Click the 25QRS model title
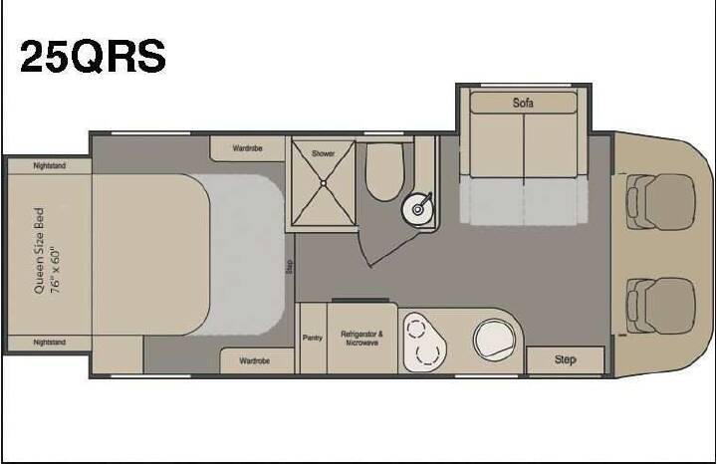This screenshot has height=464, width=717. coord(93,56)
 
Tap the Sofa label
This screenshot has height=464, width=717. coord(523,103)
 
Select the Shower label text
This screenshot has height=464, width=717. coord(323,153)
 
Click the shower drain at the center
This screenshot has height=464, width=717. coord(323,183)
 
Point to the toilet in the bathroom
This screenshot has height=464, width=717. coord(385,172)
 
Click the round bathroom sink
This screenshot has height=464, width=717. coord(417,209)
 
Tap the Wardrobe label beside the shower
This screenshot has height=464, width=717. coord(247,148)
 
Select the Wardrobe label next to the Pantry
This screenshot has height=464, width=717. coord(255,360)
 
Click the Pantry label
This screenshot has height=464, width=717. coord(313,338)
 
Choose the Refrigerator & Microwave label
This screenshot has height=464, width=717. coord(361,339)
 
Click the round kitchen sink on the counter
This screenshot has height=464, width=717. coord(494,339)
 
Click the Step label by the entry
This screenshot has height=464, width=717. coord(566,359)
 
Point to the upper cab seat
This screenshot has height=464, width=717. coord(661,201)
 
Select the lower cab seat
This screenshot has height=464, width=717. coord(661,306)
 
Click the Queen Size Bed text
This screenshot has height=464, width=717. coord(39,251)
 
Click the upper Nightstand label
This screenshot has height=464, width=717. coord(50,165)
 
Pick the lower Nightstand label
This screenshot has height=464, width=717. coord(50,342)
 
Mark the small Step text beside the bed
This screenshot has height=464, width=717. coord(289,267)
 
